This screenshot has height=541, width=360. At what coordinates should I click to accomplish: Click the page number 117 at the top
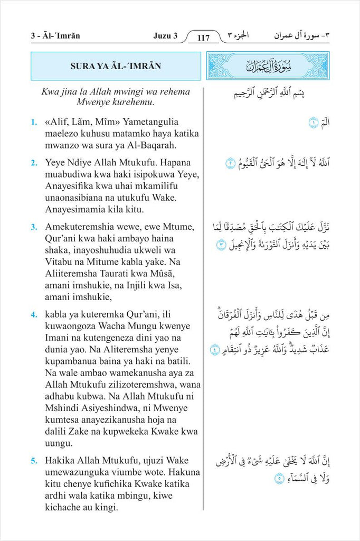coord(204,38)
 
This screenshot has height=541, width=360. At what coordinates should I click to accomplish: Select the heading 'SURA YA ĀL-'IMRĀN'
coord(116,66)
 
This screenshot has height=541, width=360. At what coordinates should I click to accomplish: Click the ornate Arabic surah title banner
coord(268,66)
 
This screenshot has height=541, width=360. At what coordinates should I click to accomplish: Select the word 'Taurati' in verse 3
coord(117,275)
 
